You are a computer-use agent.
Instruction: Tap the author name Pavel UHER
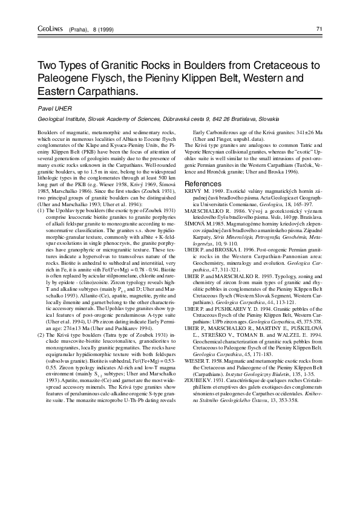tap(55, 108)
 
